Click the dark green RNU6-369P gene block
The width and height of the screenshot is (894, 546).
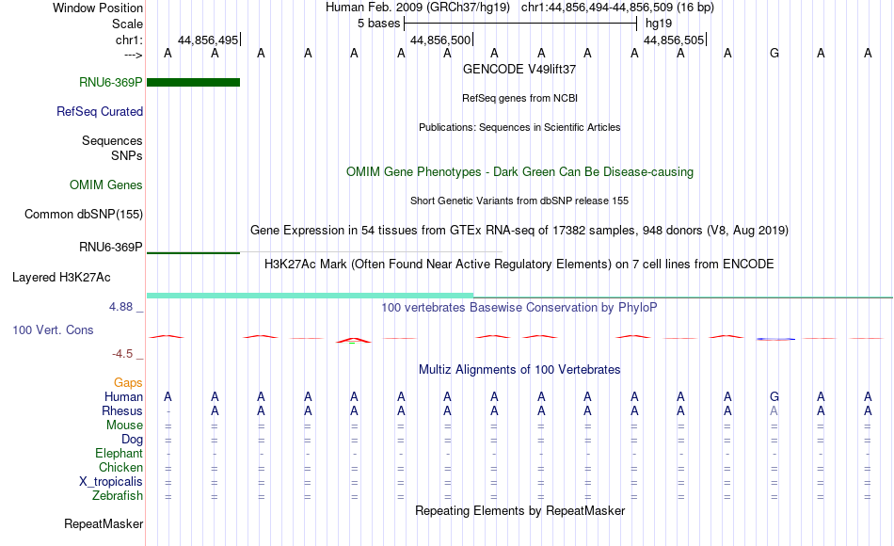193,82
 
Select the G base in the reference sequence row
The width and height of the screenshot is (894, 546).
774,53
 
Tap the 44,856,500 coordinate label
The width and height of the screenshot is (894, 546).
440,40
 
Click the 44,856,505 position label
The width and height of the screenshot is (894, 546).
674,40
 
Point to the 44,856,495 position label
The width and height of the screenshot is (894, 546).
208,40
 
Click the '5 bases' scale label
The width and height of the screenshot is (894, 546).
378,24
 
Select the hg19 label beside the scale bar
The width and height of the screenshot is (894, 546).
659,24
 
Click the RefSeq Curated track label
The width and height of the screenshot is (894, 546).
100,111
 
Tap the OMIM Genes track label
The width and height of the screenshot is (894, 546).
106,185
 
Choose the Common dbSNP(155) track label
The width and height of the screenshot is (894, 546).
84,214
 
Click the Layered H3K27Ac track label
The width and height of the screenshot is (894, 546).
61,278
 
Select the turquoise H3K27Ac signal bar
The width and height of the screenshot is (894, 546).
311,296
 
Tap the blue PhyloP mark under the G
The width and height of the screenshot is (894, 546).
775,339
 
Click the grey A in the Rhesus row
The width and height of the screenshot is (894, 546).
774,410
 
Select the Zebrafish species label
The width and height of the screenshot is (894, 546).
118,495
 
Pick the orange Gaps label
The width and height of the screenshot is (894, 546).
128,382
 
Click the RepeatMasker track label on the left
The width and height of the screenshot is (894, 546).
104,523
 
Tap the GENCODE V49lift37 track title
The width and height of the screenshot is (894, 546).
519,69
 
